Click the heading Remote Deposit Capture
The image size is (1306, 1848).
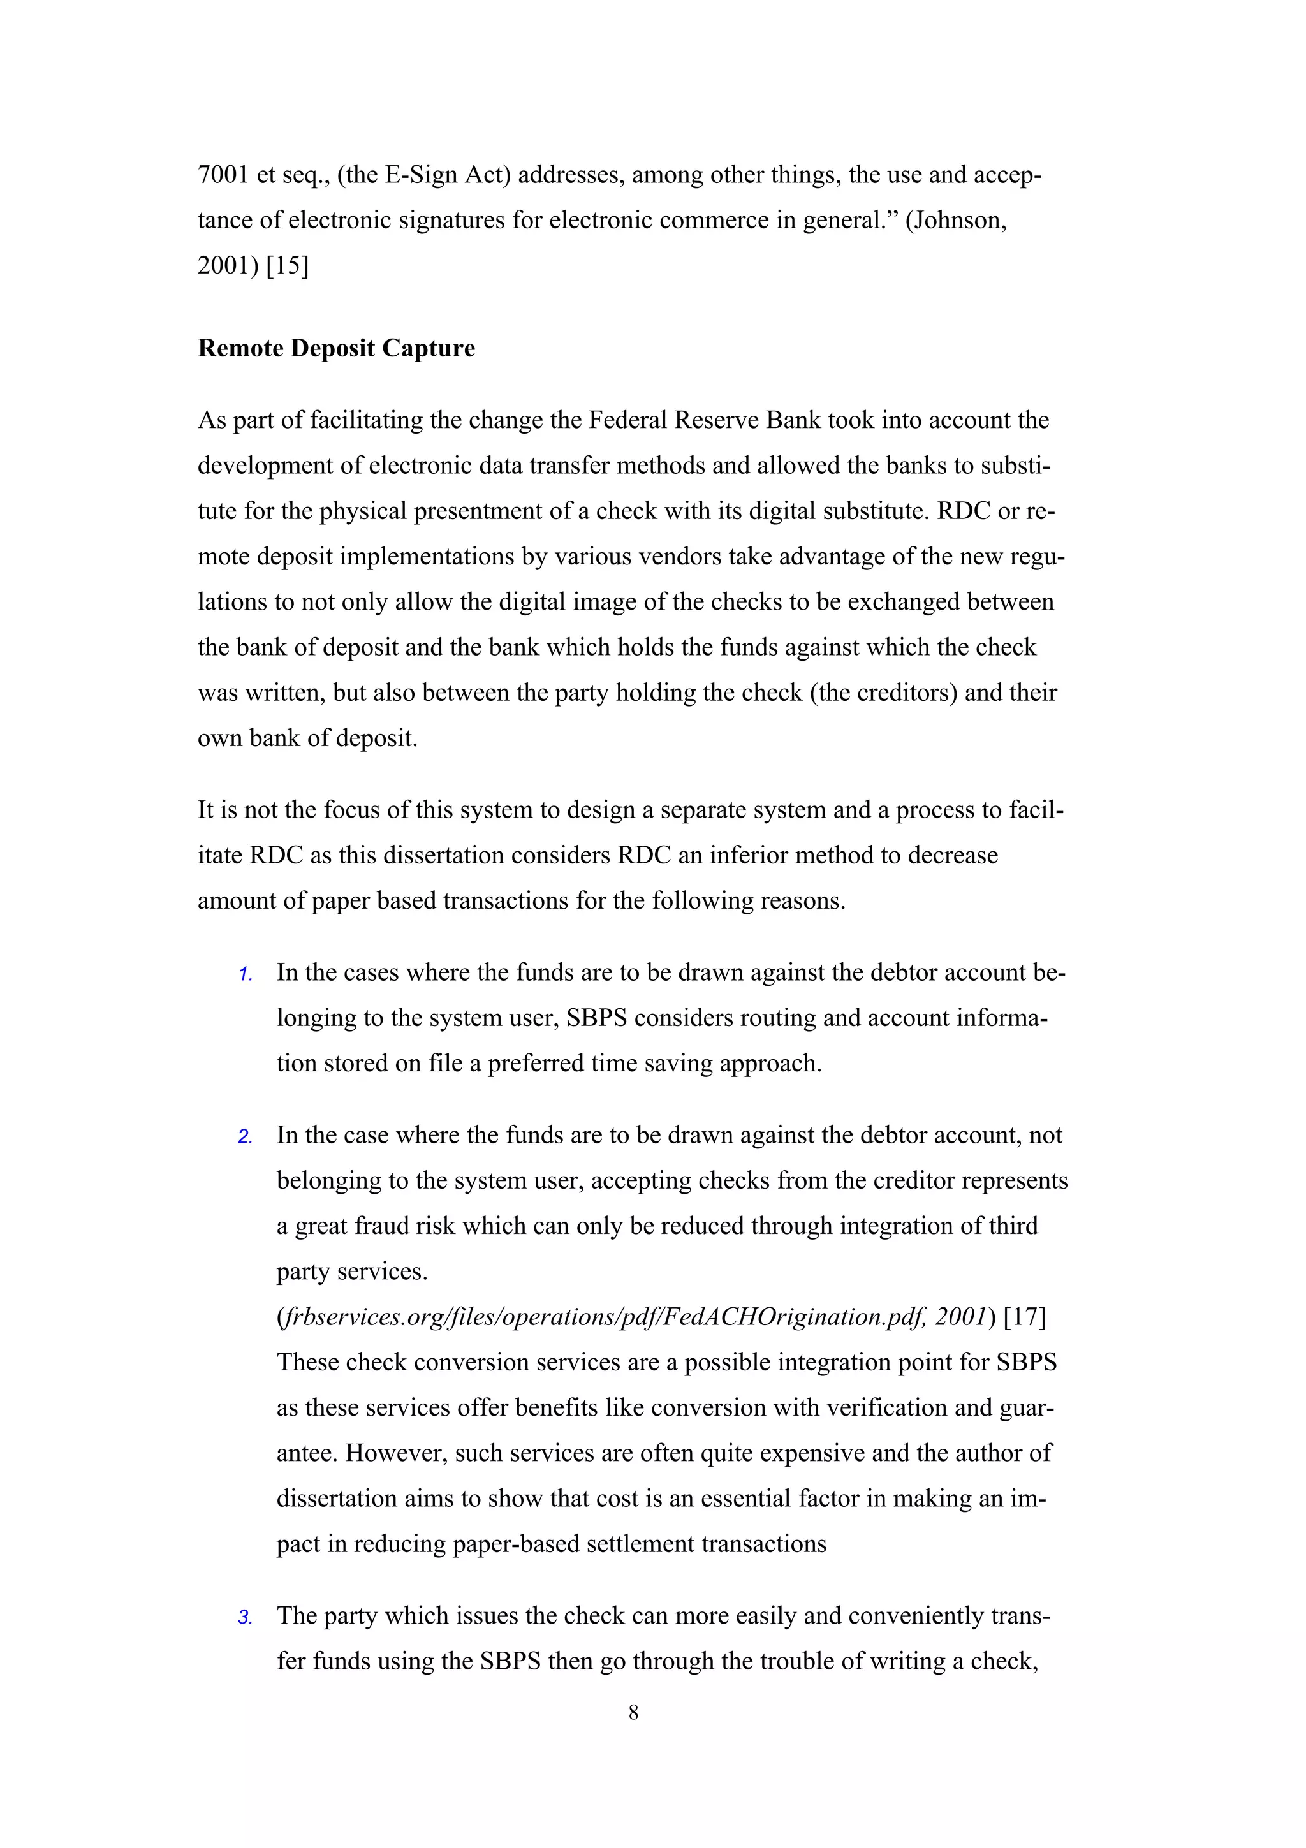(x=336, y=349)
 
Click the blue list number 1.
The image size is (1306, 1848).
(x=245, y=975)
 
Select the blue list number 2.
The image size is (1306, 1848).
(x=245, y=1137)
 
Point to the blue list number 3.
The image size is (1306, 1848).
(x=245, y=1618)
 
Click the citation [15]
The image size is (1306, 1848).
(x=287, y=266)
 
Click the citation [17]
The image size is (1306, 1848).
(x=1025, y=1317)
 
